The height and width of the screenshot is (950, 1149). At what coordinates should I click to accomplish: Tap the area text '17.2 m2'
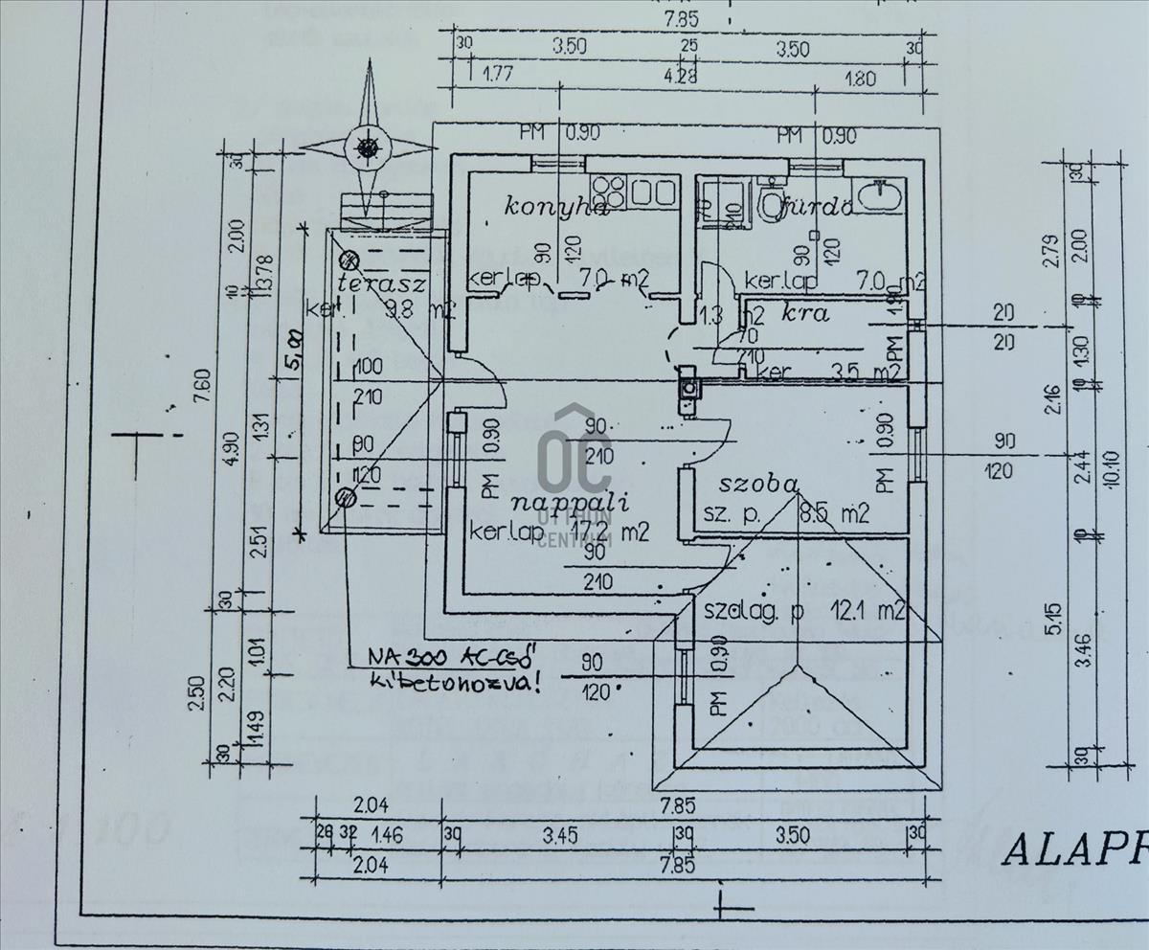613,532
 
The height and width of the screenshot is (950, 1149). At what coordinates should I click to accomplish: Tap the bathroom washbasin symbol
878,196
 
